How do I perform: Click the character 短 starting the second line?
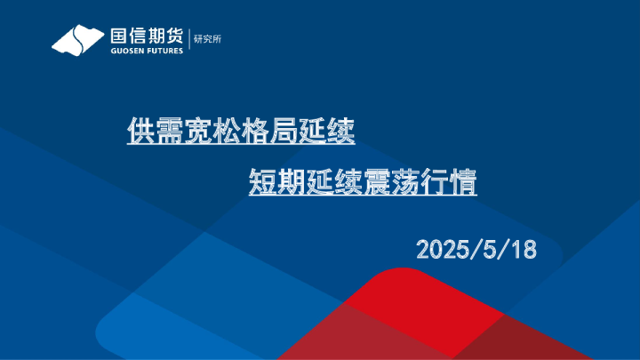263,184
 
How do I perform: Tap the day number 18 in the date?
524,250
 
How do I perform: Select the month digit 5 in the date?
490,250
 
